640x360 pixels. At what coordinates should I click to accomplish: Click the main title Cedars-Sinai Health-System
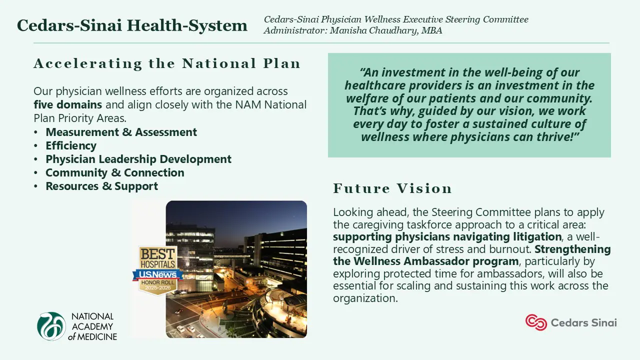point(132,25)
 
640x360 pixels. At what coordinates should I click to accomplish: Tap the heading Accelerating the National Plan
point(167,63)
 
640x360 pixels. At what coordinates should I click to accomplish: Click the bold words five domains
point(67,104)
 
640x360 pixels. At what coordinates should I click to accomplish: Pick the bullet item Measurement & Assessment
point(121,132)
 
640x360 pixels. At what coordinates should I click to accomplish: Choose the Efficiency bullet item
point(71,145)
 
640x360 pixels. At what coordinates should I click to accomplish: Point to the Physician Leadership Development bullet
point(138,159)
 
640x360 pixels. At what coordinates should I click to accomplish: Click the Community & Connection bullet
point(115,172)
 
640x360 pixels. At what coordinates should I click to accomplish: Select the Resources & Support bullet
point(101,186)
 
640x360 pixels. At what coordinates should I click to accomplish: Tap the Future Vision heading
point(392,188)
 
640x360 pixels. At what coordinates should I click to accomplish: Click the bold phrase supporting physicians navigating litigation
point(447,237)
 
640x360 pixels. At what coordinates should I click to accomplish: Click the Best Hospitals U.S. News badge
point(157,270)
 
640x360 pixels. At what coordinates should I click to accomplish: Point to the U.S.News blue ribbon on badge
point(157,274)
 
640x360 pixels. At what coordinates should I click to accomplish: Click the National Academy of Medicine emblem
point(51,326)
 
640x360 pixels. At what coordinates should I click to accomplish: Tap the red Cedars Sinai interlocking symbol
point(536,322)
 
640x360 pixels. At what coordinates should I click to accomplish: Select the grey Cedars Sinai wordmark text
point(583,323)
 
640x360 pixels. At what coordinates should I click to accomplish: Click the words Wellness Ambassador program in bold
point(436,261)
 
